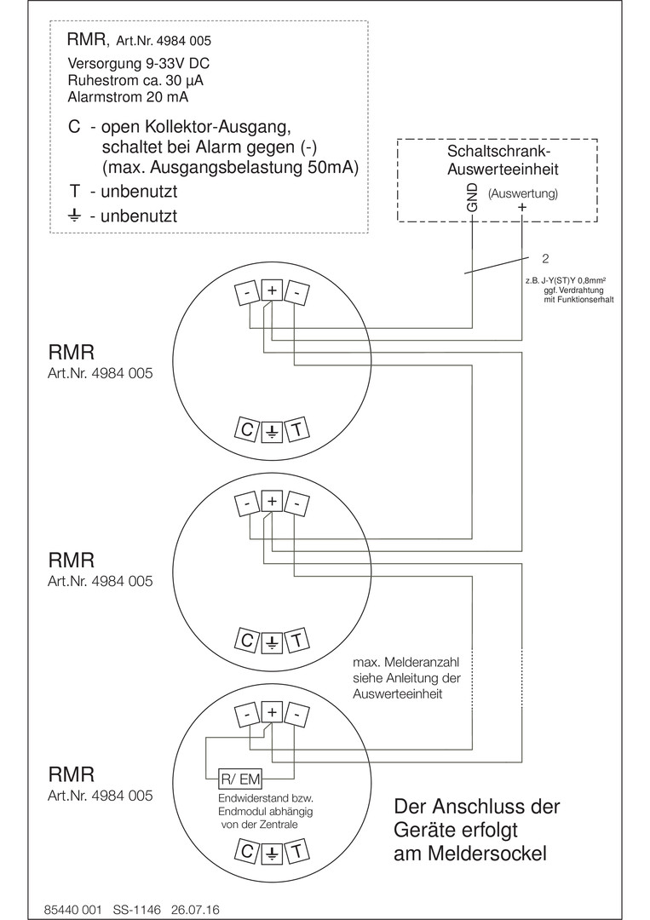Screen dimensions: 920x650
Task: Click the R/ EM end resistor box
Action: coord(240,779)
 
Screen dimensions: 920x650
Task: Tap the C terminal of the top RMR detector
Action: coord(246,430)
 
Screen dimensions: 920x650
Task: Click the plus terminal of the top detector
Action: coord(272,290)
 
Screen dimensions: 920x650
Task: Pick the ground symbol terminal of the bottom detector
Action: coord(272,851)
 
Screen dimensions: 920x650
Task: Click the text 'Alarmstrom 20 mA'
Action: coord(124,95)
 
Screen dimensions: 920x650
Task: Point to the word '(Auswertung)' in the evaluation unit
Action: coord(522,193)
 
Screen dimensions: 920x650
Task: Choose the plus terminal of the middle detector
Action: coord(272,502)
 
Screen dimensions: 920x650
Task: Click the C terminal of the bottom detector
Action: coord(246,851)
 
